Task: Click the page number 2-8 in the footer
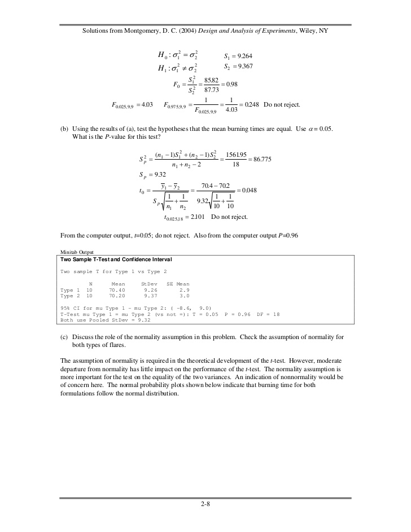tap(205, 505)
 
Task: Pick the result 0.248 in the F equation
tap(250, 105)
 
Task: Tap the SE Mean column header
tap(178, 283)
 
